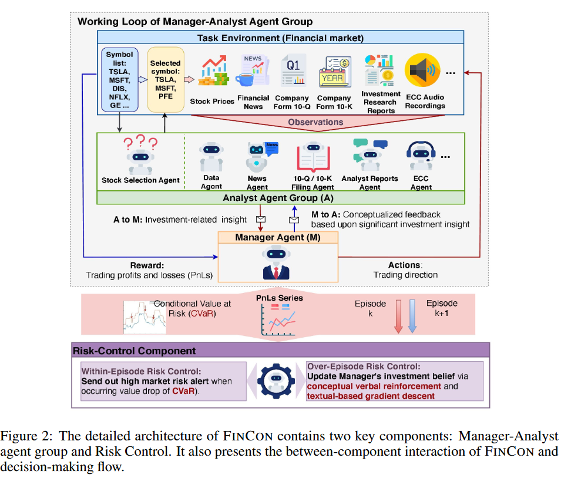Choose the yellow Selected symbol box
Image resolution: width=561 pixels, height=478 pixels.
165,80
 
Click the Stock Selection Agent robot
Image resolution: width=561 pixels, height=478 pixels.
140,157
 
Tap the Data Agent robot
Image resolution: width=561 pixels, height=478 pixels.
211,156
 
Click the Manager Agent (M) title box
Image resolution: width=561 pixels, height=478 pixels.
278,237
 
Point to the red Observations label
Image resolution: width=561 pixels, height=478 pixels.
315,122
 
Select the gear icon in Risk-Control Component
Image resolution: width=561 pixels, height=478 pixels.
276,380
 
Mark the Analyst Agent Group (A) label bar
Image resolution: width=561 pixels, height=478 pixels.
278,198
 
